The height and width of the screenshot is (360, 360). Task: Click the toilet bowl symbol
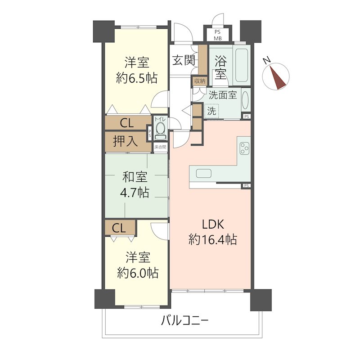coord(160,130)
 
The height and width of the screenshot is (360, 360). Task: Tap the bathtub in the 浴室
coord(242,65)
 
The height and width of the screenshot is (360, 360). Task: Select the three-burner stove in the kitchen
coord(244,148)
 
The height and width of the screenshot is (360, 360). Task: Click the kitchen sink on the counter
coord(204,173)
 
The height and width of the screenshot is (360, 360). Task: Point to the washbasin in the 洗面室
coord(245,101)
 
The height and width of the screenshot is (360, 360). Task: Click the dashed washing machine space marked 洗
coord(211,111)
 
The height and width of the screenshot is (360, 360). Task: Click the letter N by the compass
coord(266,60)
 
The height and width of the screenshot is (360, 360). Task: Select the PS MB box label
coord(218,36)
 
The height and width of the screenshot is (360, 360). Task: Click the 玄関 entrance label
coord(184,60)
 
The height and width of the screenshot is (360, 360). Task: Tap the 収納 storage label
coord(200,81)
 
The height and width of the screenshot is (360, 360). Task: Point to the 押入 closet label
coord(126,141)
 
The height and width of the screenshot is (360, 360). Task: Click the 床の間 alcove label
coord(160,147)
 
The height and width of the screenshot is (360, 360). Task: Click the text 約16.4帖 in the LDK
coord(212,240)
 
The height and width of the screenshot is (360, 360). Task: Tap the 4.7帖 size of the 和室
coord(135,193)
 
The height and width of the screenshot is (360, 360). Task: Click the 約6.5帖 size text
coord(137,78)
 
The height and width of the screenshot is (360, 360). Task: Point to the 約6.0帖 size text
coord(138,273)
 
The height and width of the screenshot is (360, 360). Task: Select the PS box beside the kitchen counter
coord(246,185)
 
